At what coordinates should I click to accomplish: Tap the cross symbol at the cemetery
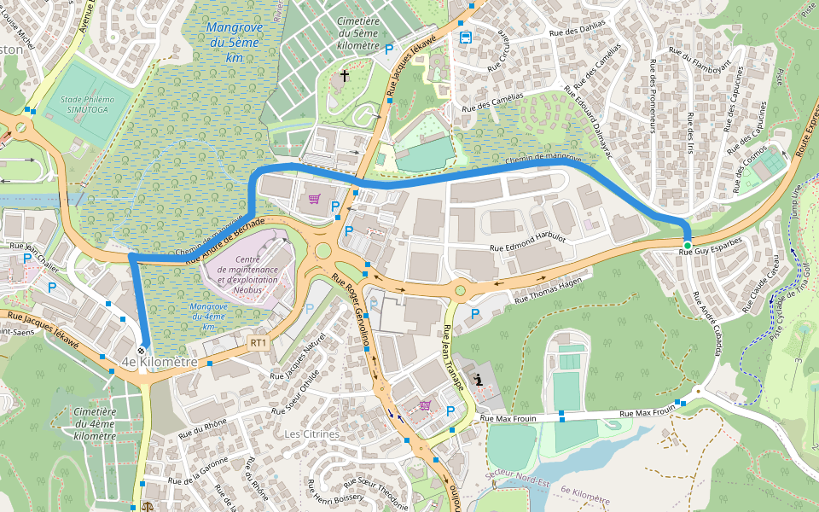coord(345,77)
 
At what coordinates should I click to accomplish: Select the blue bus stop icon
coord(465,38)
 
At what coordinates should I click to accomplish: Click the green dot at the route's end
coord(688,245)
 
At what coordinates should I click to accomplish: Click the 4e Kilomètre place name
coord(160,363)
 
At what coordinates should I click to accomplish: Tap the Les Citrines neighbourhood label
coord(311,433)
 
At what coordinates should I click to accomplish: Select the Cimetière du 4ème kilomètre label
coord(95,424)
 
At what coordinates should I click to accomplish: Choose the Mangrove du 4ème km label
coord(208,316)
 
